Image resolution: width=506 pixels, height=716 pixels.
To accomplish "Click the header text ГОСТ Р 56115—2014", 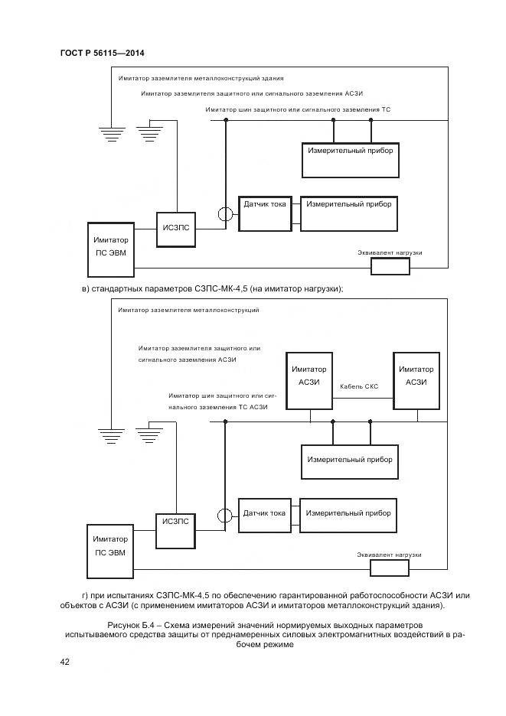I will click(x=102, y=53).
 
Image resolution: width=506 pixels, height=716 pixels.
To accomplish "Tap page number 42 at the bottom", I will click(x=65, y=662).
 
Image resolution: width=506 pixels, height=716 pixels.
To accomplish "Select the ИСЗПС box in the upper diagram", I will click(x=176, y=228).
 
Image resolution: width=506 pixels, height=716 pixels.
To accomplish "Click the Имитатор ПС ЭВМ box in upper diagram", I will click(x=111, y=249).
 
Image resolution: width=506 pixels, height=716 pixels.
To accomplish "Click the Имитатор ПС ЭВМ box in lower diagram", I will click(x=110, y=545).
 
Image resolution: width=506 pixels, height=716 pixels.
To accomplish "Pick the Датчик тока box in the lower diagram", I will click(x=265, y=514).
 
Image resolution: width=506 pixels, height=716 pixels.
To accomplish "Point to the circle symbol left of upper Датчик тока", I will click(x=225, y=215).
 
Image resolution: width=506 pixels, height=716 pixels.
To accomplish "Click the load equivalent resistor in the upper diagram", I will click(x=390, y=266).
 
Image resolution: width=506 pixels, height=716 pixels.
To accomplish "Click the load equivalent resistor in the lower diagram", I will click(x=390, y=568).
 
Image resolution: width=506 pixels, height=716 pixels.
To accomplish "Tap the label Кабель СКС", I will click(x=359, y=387).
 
